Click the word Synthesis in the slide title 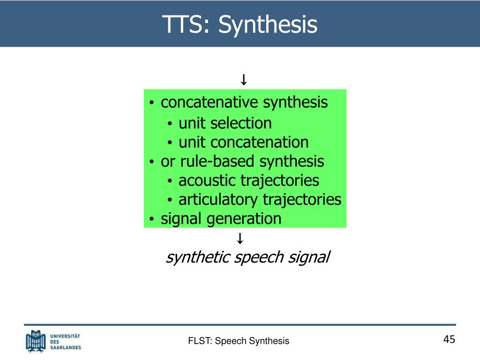(268, 24)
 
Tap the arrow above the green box (243, 80)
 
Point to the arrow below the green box (240, 239)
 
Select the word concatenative (210, 102)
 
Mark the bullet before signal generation (152, 219)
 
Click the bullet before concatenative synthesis (152, 103)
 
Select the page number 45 (449, 339)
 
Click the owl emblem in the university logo (36, 341)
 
